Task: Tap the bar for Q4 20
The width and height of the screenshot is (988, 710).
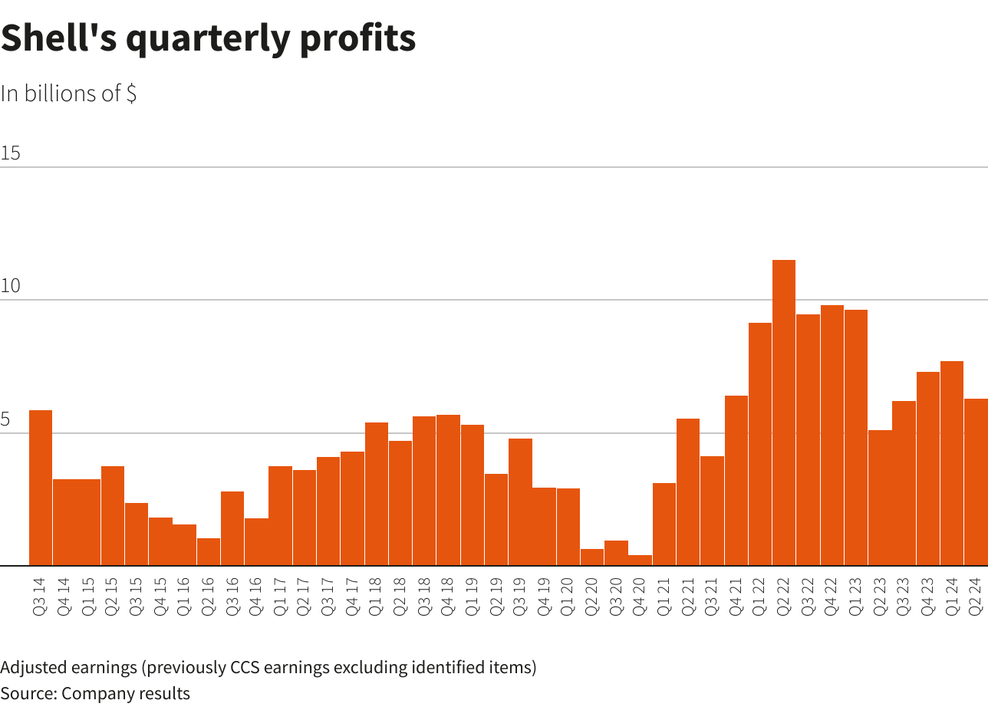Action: click(640, 560)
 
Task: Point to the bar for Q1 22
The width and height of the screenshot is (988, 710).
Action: click(759, 444)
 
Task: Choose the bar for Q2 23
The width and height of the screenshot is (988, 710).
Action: click(879, 498)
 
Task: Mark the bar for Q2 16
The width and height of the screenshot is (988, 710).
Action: click(208, 552)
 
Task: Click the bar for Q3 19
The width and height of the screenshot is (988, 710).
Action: click(520, 502)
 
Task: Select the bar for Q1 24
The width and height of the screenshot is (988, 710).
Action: click(951, 463)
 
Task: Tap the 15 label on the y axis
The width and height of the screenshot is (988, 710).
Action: click(11, 153)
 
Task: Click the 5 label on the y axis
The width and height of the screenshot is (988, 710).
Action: click(6, 420)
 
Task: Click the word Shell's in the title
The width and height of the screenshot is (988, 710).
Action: click(58, 38)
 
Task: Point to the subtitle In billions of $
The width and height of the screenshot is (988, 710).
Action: click(69, 94)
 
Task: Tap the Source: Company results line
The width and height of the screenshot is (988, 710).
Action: click(95, 694)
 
